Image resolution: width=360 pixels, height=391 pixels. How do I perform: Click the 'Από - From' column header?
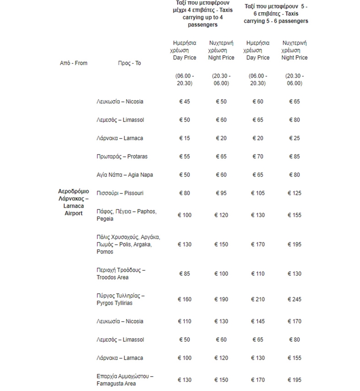[73, 63]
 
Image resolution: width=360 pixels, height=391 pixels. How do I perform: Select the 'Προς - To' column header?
[129, 63]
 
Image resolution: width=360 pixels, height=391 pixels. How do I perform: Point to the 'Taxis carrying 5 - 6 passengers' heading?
[276, 14]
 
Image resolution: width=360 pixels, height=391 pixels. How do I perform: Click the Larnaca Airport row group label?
[73, 202]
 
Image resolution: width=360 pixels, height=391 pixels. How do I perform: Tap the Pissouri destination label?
[120, 193]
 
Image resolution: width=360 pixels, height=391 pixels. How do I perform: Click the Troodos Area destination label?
[121, 274]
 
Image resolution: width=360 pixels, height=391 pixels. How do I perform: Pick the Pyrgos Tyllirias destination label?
[120, 299]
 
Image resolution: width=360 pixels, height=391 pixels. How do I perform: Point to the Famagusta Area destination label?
[124, 380]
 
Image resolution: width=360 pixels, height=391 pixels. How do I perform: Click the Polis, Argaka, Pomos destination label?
[128, 244]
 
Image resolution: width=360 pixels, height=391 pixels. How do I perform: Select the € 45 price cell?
[184, 101]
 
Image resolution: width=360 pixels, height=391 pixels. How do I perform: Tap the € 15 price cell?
[184, 138]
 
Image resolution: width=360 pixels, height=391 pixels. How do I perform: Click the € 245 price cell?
[294, 299]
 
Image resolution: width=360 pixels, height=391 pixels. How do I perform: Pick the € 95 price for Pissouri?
[221, 193]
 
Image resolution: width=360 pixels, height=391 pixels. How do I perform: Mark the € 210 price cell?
[258, 299]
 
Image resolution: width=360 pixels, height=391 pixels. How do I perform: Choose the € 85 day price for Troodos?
[184, 274]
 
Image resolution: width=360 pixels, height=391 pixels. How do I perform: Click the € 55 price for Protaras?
[184, 156]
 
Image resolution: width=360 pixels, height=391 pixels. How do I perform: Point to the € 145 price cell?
[258, 321]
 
